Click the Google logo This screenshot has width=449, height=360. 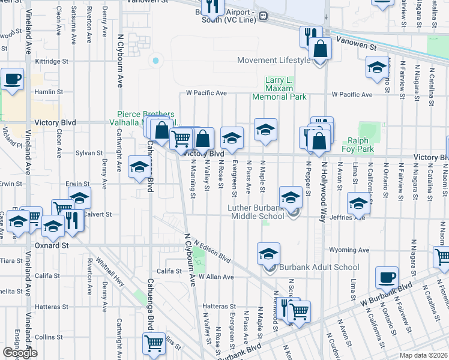20,353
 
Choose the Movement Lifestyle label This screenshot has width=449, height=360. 274,60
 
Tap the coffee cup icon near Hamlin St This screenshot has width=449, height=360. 12,79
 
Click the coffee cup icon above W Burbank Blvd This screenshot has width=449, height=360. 387,277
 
